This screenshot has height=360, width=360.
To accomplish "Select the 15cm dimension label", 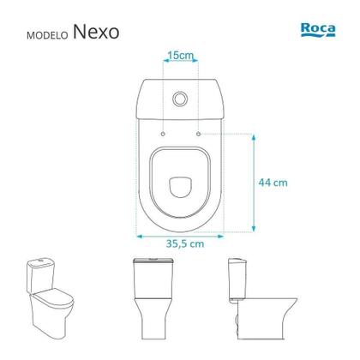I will (x=180, y=56).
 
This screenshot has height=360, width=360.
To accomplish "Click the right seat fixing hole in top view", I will (x=198, y=134).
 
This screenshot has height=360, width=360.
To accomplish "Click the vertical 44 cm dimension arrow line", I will (x=255, y=182).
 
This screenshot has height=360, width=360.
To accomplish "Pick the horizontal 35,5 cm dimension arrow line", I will (x=179, y=231).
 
